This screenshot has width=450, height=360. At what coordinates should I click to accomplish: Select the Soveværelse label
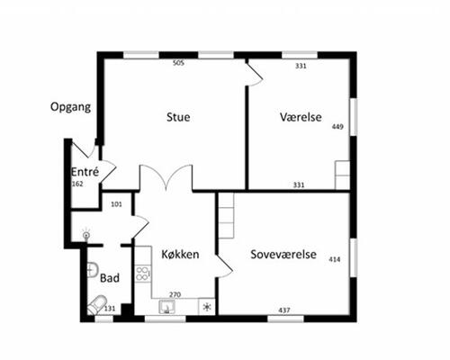coord(281,255)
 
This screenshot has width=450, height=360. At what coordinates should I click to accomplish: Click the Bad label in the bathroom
coord(110,278)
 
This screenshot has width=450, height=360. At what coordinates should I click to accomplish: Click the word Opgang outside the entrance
coord(70,107)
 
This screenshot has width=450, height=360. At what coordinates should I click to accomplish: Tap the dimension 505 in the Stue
coord(178,64)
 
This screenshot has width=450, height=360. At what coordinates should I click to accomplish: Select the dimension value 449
coord(338,127)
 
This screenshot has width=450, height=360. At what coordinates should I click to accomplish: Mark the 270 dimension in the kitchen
coord(175,293)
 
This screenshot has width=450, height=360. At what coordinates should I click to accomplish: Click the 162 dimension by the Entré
coord(77,184)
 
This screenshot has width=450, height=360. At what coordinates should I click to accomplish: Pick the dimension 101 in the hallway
coord(115,203)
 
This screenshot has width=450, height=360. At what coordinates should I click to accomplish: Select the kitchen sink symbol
coord(166,307)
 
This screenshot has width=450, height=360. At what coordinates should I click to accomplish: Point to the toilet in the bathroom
coord(95,305)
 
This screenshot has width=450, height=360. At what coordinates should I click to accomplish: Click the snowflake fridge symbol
coord(207,307)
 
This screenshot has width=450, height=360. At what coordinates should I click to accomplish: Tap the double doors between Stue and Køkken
coord(166,178)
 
